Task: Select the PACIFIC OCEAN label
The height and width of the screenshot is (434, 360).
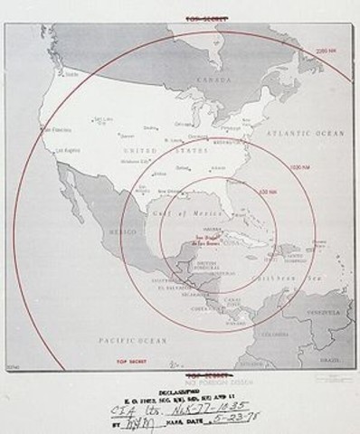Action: tap(128, 341)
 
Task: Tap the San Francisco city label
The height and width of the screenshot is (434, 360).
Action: tap(48, 129)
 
